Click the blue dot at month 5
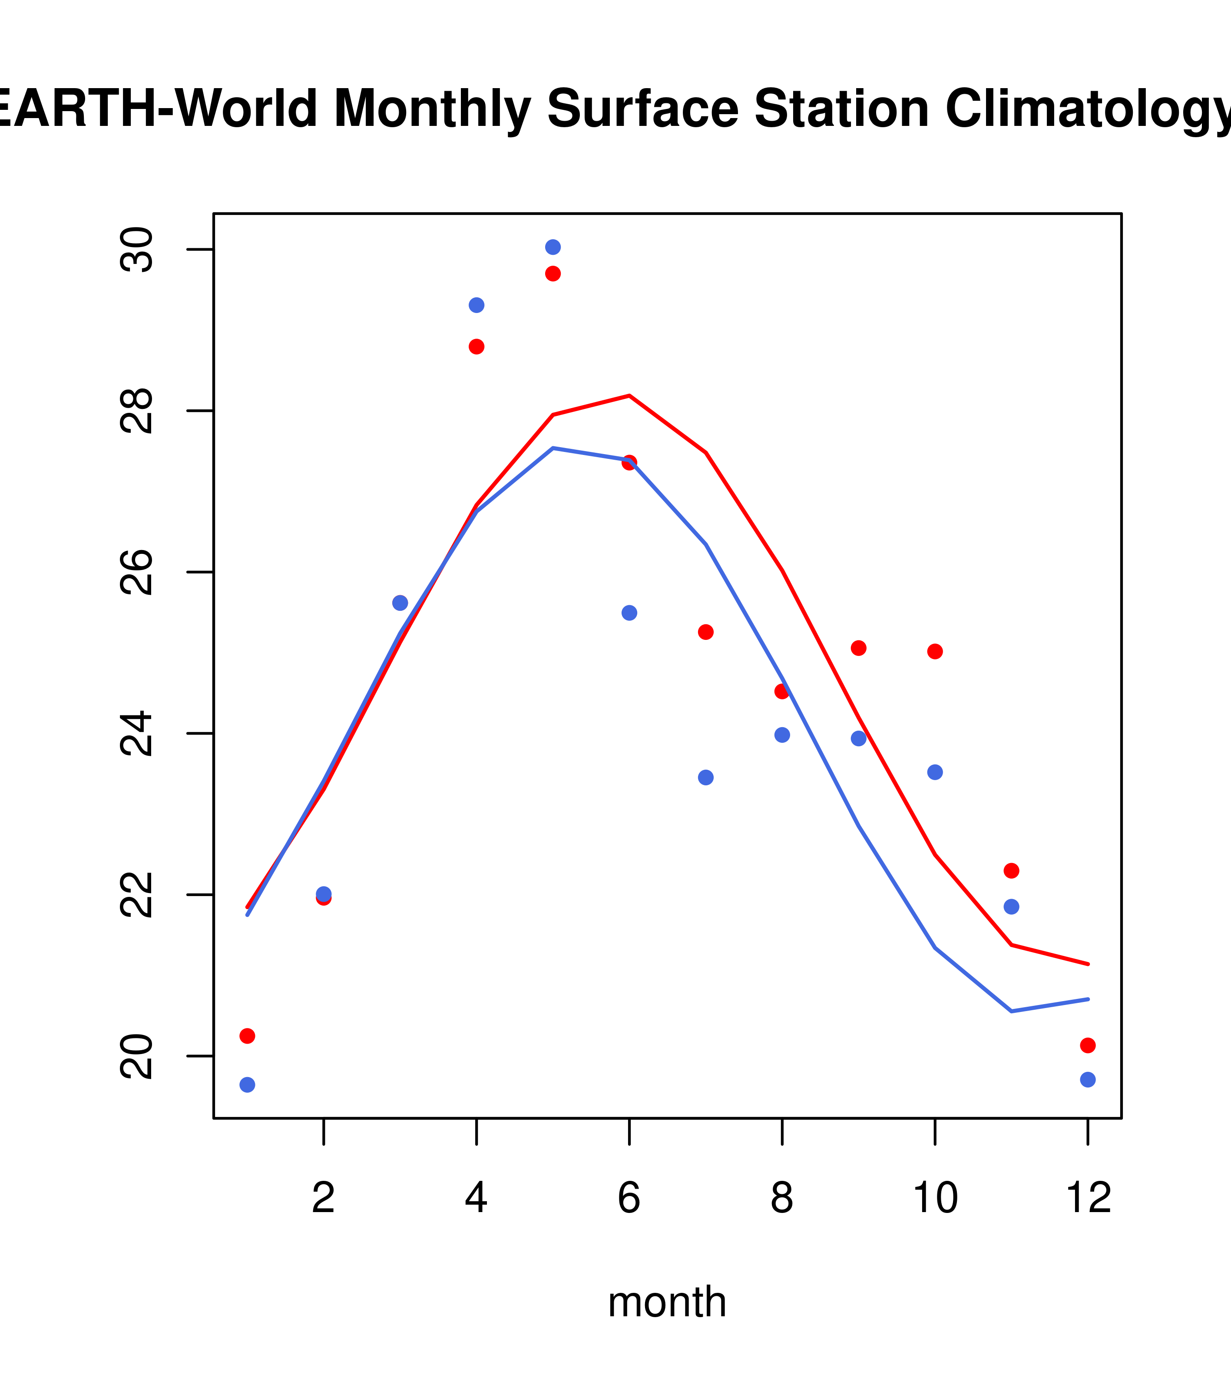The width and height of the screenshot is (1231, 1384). click(553, 247)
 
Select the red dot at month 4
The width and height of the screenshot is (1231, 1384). click(476, 347)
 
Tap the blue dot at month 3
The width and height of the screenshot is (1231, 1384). click(400, 603)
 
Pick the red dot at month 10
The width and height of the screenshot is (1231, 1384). click(935, 651)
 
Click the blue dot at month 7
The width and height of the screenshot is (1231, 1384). click(706, 778)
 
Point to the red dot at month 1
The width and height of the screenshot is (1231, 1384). click(247, 1036)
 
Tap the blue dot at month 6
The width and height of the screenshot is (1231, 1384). click(629, 613)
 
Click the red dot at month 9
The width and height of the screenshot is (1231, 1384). click(858, 648)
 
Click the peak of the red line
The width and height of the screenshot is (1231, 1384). click(629, 395)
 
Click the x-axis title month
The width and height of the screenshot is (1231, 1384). click(667, 1302)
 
